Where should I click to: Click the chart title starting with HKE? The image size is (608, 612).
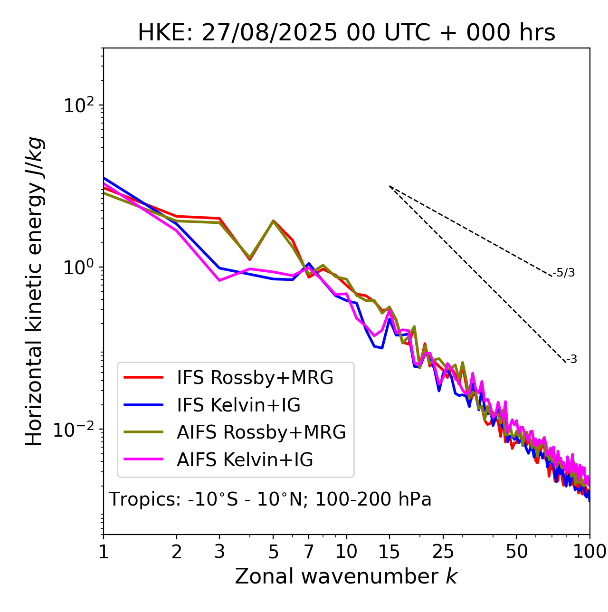click(x=346, y=33)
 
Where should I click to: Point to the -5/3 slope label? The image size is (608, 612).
click(x=564, y=273)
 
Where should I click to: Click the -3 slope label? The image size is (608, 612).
click(x=571, y=360)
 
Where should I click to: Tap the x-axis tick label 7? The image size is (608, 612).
click(x=309, y=552)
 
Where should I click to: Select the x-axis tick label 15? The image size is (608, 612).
click(x=389, y=552)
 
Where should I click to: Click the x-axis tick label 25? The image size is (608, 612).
click(x=443, y=552)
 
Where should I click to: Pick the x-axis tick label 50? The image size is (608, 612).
click(x=516, y=552)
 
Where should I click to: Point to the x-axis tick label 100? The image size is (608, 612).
click(x=589, y=552)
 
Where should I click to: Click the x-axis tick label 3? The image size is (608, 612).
click(x=219, y=552)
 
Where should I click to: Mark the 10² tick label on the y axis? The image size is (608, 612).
click(x=78, y=105)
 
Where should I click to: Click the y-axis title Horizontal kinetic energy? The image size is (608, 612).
click(x=34, y=291)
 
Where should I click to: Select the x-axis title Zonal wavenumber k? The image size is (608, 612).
click(x=346, y=576)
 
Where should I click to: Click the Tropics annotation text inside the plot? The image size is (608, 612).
click(x=270, y=500)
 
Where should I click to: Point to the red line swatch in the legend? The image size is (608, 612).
click(x=143, y=378)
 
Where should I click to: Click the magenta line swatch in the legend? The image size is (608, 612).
click(x=143, y=460)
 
